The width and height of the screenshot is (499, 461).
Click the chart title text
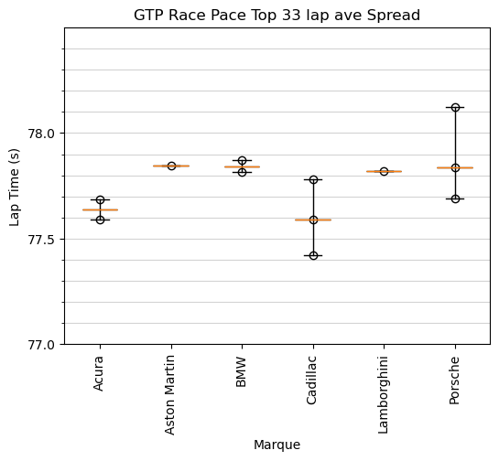277,16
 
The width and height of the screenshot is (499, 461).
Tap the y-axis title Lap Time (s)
15,186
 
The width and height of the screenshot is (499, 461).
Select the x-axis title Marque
277,445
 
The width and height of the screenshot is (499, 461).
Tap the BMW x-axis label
242,372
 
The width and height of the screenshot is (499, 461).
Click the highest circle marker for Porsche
455,107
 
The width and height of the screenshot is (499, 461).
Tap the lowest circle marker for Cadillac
313,255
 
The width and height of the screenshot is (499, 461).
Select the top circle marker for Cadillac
313,179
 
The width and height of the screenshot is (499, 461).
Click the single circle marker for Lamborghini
384,171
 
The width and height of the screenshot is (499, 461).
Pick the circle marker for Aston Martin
171,166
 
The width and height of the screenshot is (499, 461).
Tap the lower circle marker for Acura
100,220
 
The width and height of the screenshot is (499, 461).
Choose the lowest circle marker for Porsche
455,198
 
